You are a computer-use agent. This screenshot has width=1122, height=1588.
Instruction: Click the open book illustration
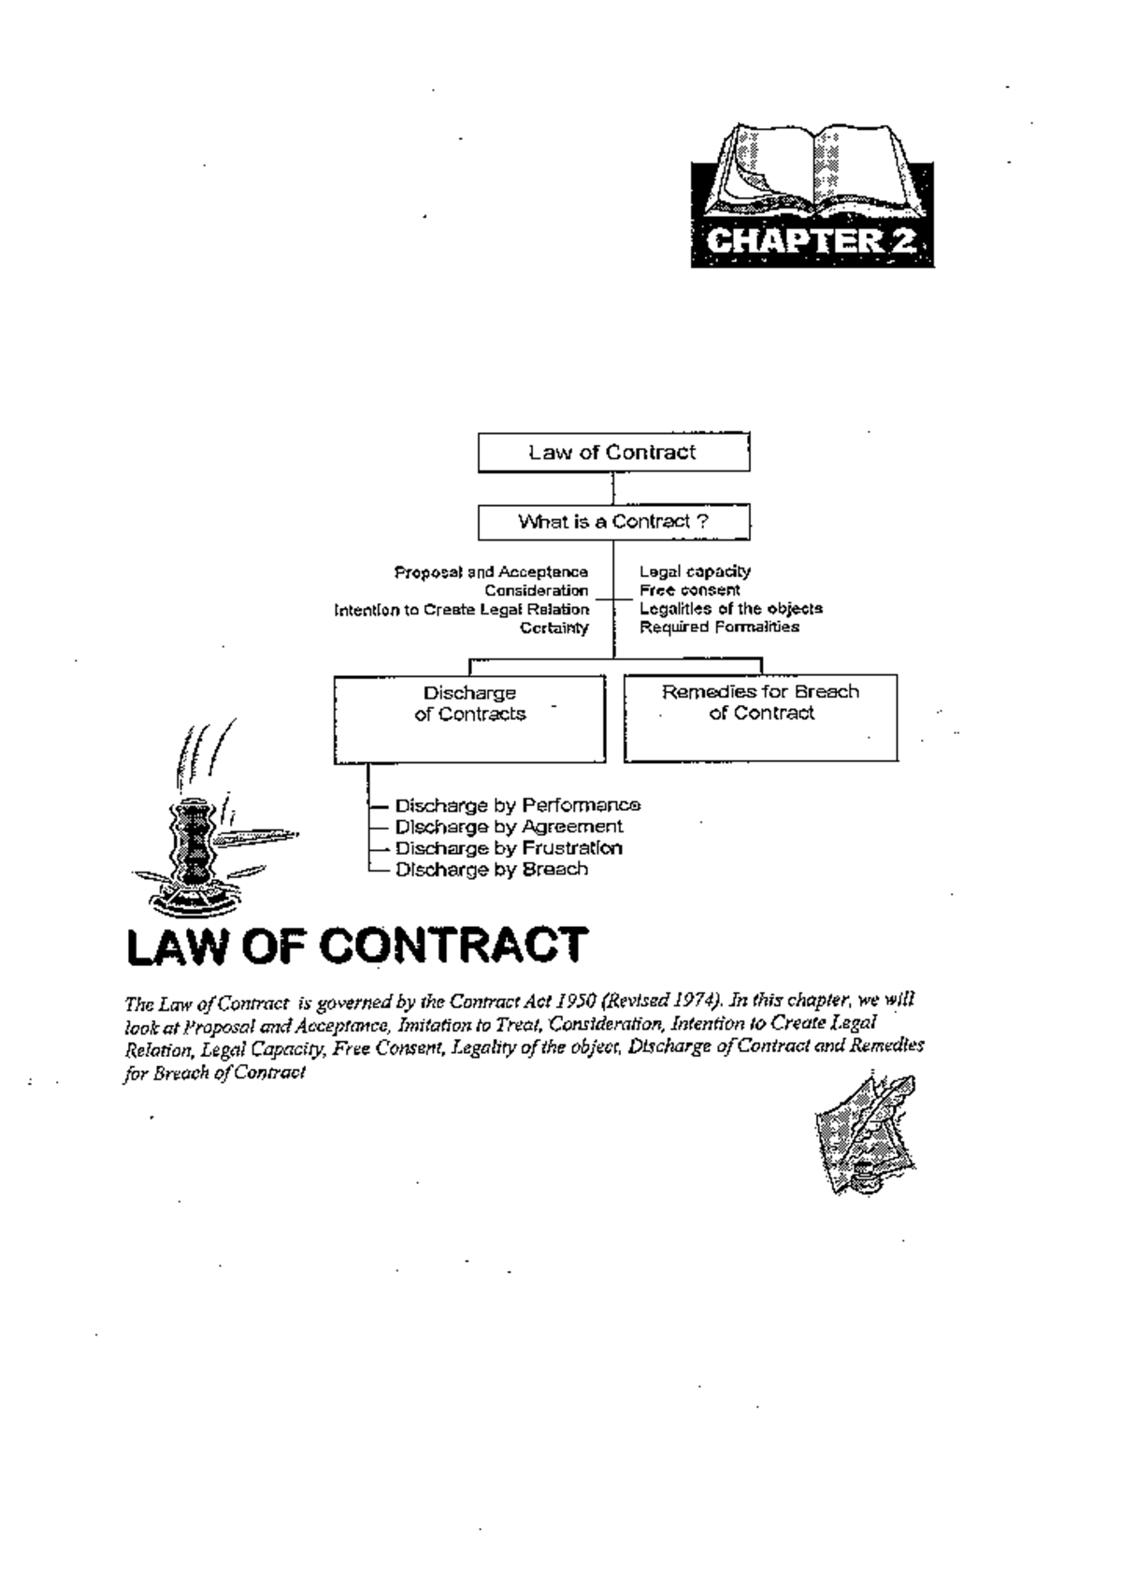pos(812,173)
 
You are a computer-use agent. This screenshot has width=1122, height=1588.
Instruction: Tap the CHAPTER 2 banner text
pos(812,241)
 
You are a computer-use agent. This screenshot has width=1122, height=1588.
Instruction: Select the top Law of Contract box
pos(613,453)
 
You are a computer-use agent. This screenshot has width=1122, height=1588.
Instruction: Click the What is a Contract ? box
pos(613,522)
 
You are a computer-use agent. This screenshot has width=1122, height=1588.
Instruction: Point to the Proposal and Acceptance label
pos(491,571)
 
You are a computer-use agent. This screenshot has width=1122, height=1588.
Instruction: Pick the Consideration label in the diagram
pos(536,590)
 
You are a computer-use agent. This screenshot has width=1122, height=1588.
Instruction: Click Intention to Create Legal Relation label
pos(462,610)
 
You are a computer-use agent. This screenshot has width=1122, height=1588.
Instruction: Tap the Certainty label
pos(554,628)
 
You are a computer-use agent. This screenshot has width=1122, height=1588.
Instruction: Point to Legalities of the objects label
pos(730,609)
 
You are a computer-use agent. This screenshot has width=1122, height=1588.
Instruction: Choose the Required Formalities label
pos(719,627)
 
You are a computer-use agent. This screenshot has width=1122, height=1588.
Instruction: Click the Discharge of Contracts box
pos(469,717)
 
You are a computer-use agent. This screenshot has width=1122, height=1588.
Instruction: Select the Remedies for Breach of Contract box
pos(760,716)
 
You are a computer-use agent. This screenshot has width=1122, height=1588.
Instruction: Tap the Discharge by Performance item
pos(517,805)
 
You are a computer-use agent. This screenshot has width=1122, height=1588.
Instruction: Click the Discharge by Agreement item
pos(509,827)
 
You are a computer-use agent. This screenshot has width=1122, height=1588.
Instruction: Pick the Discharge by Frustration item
pos(509,848)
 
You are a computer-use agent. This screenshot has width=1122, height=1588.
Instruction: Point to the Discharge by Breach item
pos(492,870)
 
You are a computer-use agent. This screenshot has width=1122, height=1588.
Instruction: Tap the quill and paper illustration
pos(865,1133)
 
